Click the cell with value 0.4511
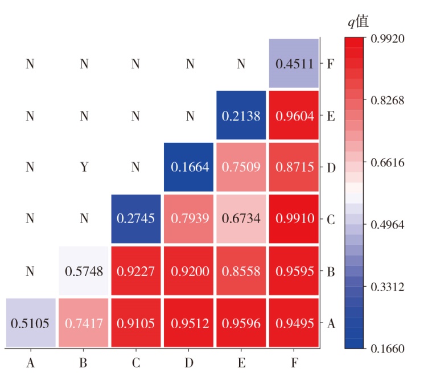(294, 63)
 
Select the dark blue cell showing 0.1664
(189, 168)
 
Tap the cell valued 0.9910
(294, 219)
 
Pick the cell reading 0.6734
(241, 219)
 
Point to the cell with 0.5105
(30, 323)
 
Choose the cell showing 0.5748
(84, 271)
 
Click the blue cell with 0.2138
(241, 116)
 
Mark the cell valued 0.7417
(84, 323)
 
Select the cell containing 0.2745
(135, 219)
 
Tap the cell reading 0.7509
(241, 168)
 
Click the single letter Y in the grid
(84, 168)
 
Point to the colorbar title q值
(359, 22)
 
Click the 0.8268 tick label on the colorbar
(386, 101)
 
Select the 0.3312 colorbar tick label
(386, 287)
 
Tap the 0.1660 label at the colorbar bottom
(386, 349)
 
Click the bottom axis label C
(135, 362)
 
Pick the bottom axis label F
(294, 362)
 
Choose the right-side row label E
(331, 115)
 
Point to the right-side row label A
(331, 323)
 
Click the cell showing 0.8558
(241, 271)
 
